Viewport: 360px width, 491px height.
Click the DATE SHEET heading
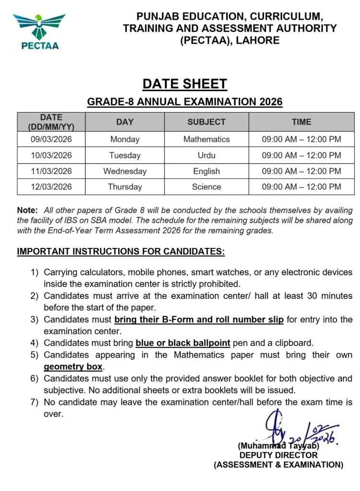[185, 84]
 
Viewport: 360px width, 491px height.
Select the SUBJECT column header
[206, 122]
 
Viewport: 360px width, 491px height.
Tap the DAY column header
[125, 122]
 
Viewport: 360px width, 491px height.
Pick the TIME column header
[301, 122]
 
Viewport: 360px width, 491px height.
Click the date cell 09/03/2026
[51, 140]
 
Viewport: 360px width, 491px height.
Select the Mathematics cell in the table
[206, 140]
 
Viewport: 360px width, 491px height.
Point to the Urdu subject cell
[206, 155]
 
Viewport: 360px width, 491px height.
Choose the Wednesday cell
[125, 171]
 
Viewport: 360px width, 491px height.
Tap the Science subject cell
[206, 187]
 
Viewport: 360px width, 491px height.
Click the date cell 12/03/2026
[51, 187]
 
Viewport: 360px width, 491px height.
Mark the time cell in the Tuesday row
[301, 155]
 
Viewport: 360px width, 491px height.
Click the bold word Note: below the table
[27, 210]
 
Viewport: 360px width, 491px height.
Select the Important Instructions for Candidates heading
[121, 251]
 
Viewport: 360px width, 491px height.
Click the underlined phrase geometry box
[73, 367]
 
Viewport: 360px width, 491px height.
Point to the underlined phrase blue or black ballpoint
[183, 343]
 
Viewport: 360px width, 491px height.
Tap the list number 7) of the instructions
[35, 402]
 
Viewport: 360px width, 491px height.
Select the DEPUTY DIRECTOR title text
[279, 455]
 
